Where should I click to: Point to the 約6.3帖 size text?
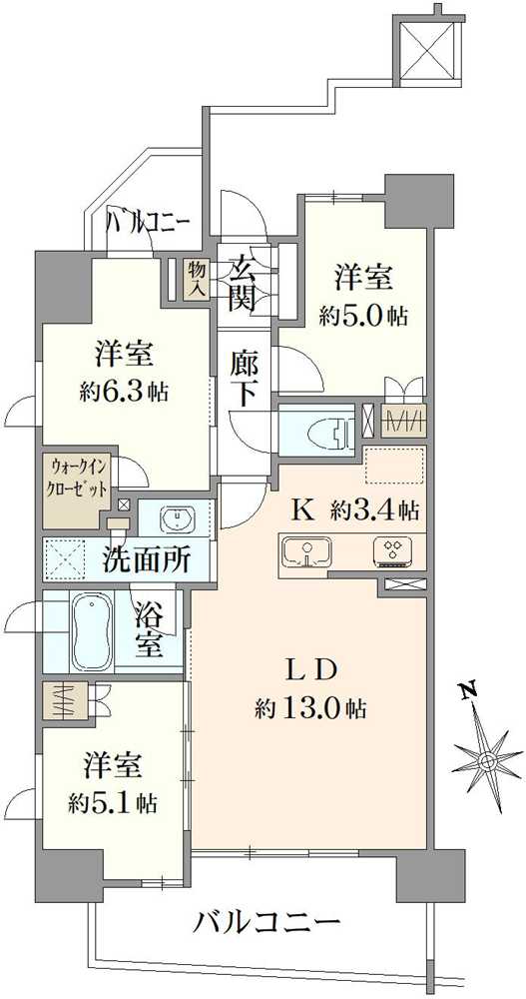(125, 392)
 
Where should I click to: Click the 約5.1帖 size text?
(112, 802)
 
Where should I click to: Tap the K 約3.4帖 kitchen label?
(354, 510)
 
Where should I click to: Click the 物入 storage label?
(196, 279)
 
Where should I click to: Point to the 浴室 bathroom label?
(149, 630)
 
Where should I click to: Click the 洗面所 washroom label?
(146, 560)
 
